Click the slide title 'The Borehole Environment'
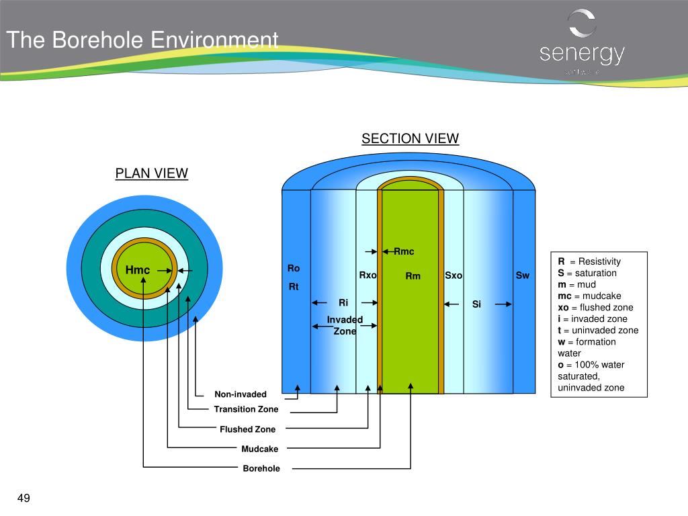point(142,40)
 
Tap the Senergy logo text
point(582,54)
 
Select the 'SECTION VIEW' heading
point(410,139)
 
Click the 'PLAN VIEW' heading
point(151,173)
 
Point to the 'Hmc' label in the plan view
point(138,270)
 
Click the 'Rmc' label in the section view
point(404,252)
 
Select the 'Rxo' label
point(368,275)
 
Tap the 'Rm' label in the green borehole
point(413,276)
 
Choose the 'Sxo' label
point(454,275)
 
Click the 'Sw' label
point(522,275)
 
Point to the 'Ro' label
point(294,268)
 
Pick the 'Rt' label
point(294,287)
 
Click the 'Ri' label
point(343,303)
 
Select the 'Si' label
point(476,304)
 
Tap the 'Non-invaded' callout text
point(241,394)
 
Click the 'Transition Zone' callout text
point(246,409)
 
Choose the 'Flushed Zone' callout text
point(247,429)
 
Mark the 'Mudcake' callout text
point(260,449)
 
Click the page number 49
point(24,498)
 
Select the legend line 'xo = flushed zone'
point(595,308)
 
